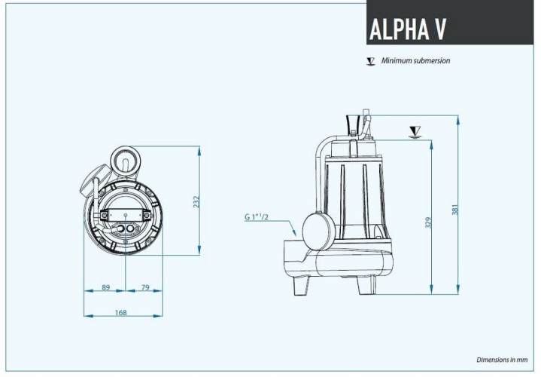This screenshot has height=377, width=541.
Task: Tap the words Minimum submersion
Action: [x=415, y=61]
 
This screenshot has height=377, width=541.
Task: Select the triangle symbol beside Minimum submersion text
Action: [x=370, y=61]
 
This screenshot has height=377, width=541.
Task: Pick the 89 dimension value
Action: [x=105, y=287]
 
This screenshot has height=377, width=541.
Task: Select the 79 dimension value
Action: [x=145, y=287]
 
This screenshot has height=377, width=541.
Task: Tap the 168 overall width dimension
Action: [x=120, y=313]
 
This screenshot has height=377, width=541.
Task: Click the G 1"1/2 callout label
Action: [x=257, y=217]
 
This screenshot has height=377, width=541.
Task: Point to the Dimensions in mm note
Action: [x=503, y=360]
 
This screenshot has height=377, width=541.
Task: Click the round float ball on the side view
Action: [x=318, y=229]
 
